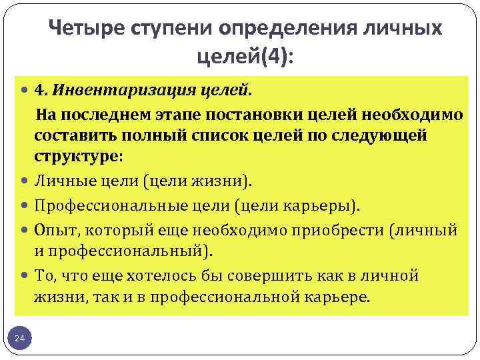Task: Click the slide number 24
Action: click(x=20, y=339)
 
